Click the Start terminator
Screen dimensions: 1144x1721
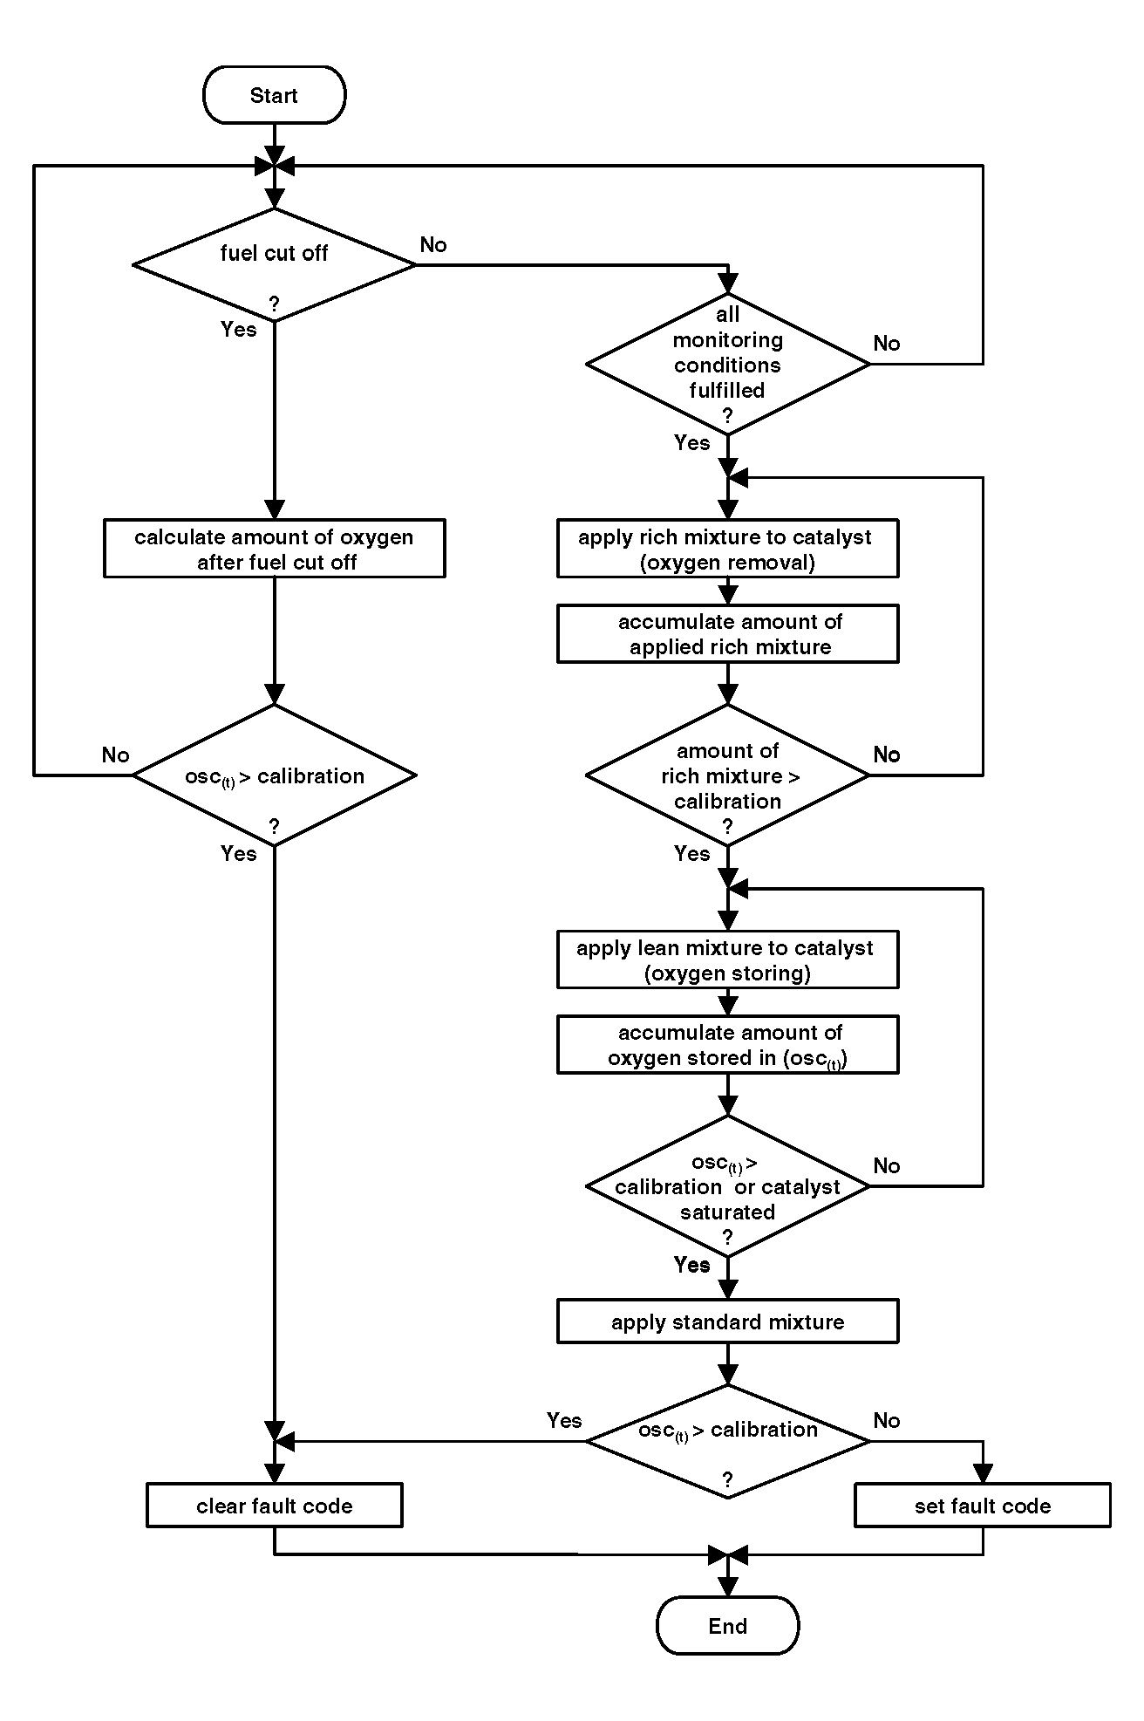(x=274, y=95)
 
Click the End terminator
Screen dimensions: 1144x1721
(x=727, y=1625)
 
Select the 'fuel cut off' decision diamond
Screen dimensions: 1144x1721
(x=274, y=265)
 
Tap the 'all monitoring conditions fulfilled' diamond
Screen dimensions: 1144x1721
(x=727, y=364)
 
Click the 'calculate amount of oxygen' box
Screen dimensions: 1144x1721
(x=274, y=549)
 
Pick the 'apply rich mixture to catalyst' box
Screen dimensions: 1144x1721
(x=727, y=549)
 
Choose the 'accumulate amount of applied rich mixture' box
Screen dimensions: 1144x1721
(x=727, y=634)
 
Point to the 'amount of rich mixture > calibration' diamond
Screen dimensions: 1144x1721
(x=727, y=775)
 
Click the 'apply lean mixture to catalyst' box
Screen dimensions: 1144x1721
(x=727, y=960)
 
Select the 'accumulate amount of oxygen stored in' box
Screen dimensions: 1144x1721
(x=727, y=1044)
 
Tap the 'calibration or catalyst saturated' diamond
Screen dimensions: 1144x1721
(x=727, y=1186)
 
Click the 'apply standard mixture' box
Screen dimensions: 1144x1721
(x=727, y=1321)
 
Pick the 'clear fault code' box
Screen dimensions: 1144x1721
(x=274, y=1506)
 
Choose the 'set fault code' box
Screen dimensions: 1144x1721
(x=983, y=1506)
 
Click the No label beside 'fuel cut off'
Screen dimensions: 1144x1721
(x=433, y=245)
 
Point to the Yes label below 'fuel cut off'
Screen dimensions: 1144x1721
(x=239, y=329)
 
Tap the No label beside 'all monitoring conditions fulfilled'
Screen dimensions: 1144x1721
(x=887, y=344)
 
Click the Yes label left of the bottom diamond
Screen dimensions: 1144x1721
(x=564, y=1421)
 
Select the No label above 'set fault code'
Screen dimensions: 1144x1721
(x=887, y=1421)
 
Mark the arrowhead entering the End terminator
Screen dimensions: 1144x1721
(x=727, y=1587)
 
